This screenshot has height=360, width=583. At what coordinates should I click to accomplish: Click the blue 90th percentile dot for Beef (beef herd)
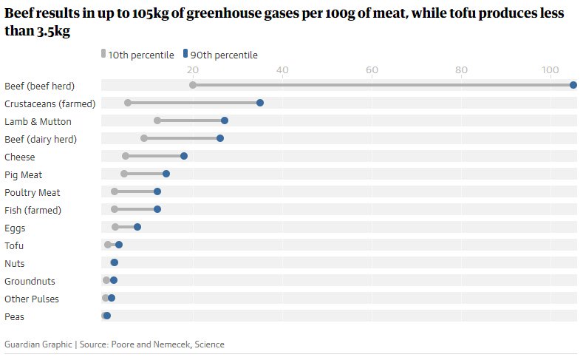(x=573, y=85)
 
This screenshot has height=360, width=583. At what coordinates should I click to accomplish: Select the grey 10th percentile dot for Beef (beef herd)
(x=193, y=85)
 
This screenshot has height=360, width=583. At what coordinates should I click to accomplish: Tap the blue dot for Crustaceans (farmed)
(x=260, y=103)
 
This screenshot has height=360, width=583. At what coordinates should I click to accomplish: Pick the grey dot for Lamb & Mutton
(x=157, y=120)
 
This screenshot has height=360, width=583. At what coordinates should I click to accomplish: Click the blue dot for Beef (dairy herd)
(x=220, y=138)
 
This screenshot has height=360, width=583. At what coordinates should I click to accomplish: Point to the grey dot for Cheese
(x=126, y=156)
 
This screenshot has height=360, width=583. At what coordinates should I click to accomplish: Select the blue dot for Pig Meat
(x=166, y=174)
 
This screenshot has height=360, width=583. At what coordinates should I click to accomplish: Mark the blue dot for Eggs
(x=137, y=227)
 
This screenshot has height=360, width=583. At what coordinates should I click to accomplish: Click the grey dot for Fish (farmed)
(x=115, y=209)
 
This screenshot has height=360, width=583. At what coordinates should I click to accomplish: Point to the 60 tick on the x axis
(x=372, y=70)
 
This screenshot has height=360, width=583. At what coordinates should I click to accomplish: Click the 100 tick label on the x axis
(x=550, y=70)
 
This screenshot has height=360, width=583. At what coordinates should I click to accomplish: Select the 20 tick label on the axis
(x=193, y=70)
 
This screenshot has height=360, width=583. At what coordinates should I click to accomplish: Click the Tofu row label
(x=14, y=245)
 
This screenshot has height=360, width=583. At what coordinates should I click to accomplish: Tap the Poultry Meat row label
(x=32, y=192)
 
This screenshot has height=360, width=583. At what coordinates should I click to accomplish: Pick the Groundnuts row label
(x=30, y=281)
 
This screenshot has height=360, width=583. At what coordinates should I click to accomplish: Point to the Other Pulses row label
(x=32, y=299)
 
